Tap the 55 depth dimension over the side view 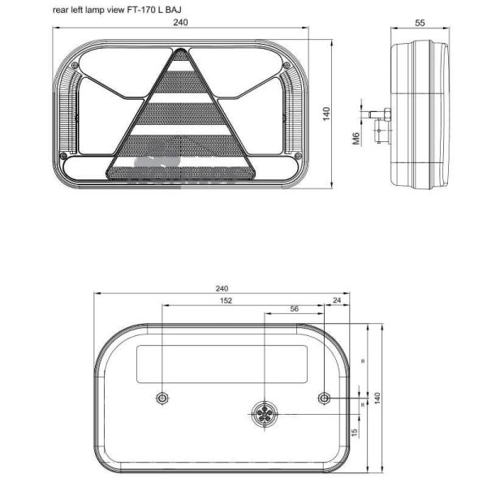[x=420, y=24]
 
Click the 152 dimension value [x=225, y=300]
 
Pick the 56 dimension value [x=294, y=309]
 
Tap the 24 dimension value [x=337, y=300]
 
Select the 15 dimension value [x=354, y=433]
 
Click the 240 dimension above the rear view [x=222, y=288]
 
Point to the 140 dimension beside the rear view [x=377, y=398]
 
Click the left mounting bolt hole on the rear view [x=162, y=398]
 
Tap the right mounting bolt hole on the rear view [x=324, y=398]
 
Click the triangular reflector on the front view [x=181, y=122]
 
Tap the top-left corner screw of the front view [x=75, y=65]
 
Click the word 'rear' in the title [x=59, y=9]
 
